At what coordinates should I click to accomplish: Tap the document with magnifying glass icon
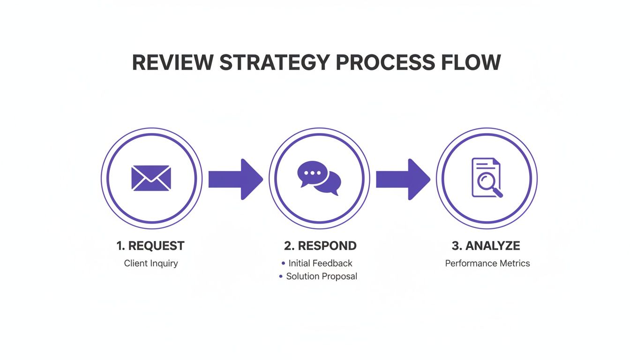(x=487, y=178)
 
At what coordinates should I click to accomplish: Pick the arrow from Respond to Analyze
(x=403, y=179)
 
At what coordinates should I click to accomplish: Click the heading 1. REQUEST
(x=150, y=246)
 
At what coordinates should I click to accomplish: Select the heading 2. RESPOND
(x=320, y=246)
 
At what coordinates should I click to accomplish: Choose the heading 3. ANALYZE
(x=486, y=246)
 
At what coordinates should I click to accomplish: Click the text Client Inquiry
(x=151, y=263)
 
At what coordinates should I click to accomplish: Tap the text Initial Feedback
(x=320, y=263)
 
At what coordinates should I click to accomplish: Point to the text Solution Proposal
(x=322, y=277)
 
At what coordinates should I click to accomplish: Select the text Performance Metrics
(x=487, y=263)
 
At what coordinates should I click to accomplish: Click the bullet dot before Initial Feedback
(x=283, y=263)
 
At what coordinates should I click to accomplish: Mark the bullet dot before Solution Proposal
(x=281, y=277)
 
